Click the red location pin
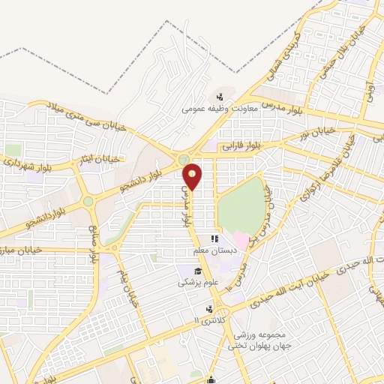point(193,176)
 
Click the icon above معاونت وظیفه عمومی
point(220,96)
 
